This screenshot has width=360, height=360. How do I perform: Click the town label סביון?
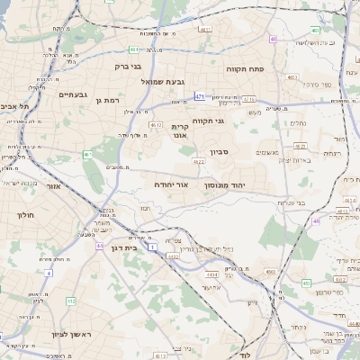coord(220,152)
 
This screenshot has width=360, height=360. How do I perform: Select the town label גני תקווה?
coord(208,121)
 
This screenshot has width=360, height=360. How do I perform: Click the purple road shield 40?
coord(273,39)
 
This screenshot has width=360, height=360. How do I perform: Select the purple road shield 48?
coord(316,220)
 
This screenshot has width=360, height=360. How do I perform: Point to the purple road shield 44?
coord(99,247)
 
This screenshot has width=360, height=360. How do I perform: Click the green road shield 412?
coord(71,301)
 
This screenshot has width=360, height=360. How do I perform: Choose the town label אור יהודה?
coord(171,184)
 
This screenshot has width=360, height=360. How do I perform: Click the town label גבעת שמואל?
coord(163,82)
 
